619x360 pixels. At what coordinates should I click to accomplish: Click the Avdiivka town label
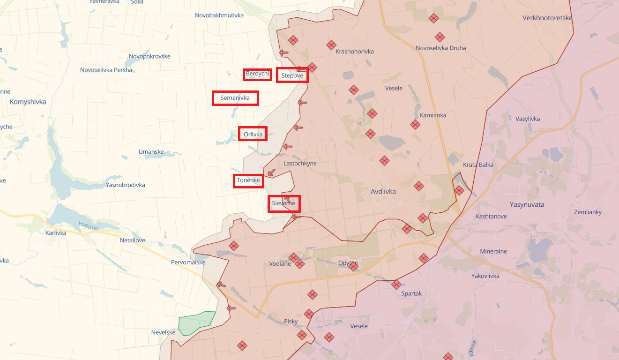[383, 191]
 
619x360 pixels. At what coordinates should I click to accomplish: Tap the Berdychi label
[257, 74]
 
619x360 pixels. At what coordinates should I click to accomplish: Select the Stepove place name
[292, 75]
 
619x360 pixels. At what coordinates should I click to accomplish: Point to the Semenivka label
[235, 98]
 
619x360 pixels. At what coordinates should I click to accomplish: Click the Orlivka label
[253, 135]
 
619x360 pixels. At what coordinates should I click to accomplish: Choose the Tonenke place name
[248, 180]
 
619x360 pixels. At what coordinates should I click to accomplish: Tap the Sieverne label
[283, 203]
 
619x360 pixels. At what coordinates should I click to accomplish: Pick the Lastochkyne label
[300, 163]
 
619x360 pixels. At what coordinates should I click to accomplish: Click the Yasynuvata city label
[527, 204]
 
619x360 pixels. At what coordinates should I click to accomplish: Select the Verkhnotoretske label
[547, 18]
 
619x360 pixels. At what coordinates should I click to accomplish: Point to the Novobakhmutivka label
[219, 15]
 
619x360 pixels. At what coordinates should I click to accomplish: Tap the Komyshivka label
[28, 101]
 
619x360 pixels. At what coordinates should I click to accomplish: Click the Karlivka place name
[56, 232]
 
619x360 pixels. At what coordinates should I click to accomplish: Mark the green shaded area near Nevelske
[196, 322]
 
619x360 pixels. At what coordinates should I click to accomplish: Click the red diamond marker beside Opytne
[353, 267]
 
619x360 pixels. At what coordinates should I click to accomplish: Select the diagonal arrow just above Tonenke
[271, 172]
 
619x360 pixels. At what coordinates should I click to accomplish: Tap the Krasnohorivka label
[355, 52]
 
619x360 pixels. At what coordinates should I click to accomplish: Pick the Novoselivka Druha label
[440, 48]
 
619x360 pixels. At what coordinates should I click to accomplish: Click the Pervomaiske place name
[188, 262]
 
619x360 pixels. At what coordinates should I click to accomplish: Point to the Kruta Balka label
[478, 165]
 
